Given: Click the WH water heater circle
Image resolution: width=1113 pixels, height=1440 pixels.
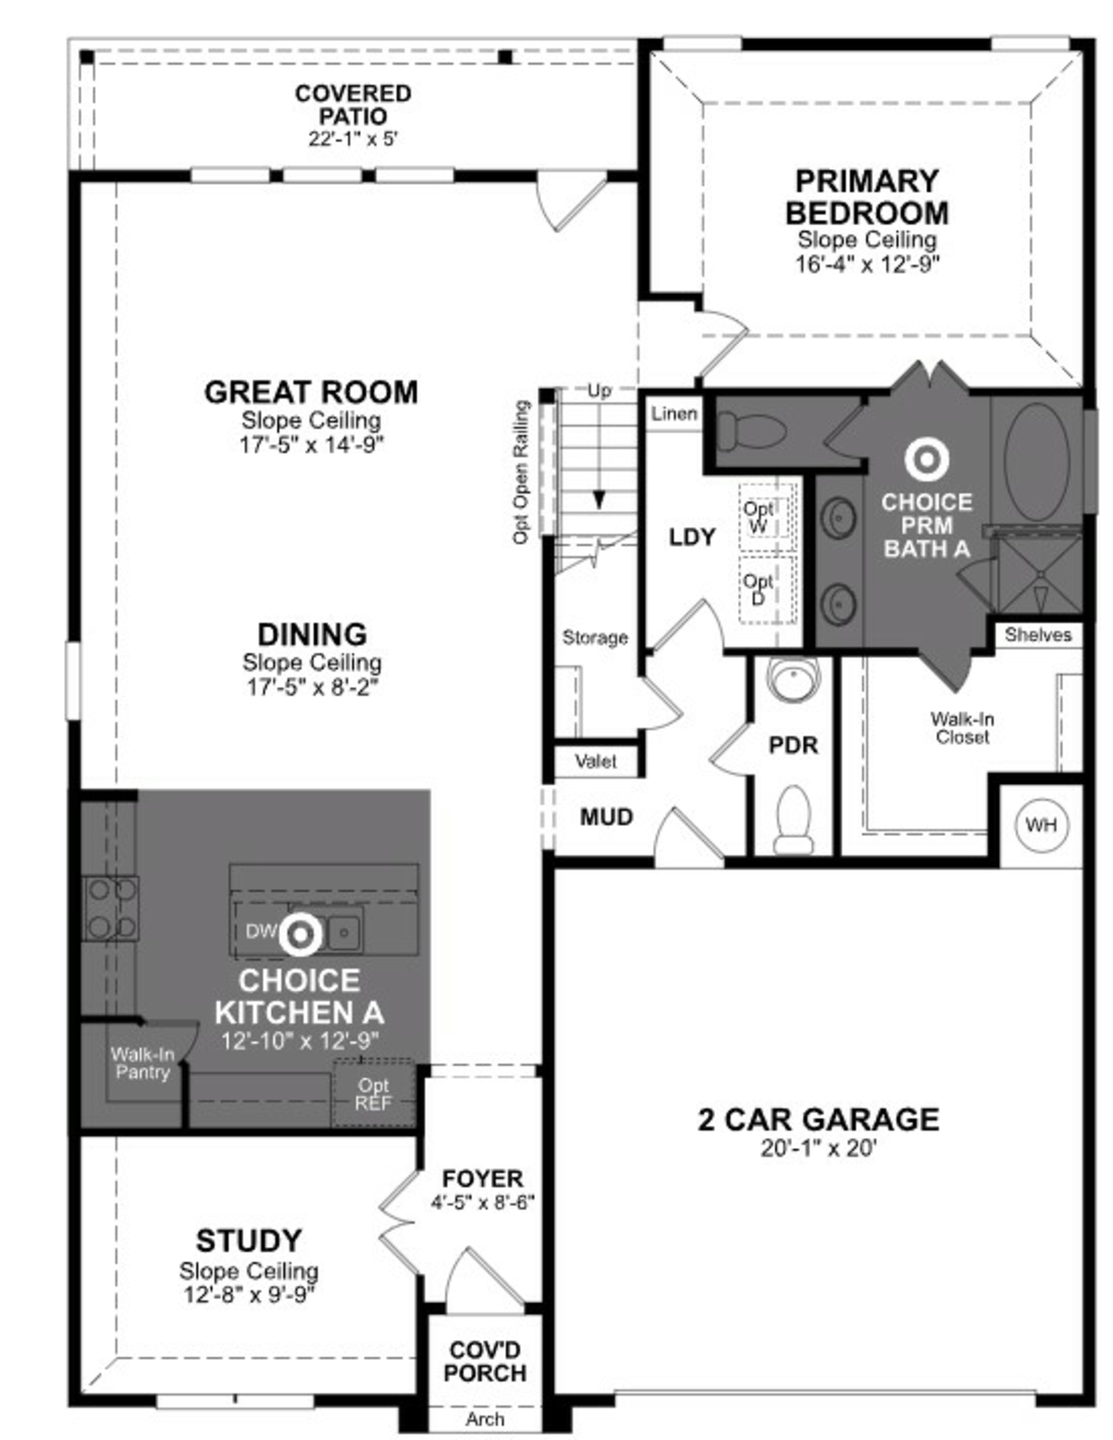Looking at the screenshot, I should click(1041, 825).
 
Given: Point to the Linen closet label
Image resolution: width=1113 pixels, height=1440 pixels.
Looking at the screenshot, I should click(674, 414).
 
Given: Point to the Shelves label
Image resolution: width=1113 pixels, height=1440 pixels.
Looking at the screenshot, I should click(1038, 635).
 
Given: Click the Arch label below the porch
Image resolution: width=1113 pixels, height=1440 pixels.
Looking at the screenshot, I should click(485, 1419).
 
